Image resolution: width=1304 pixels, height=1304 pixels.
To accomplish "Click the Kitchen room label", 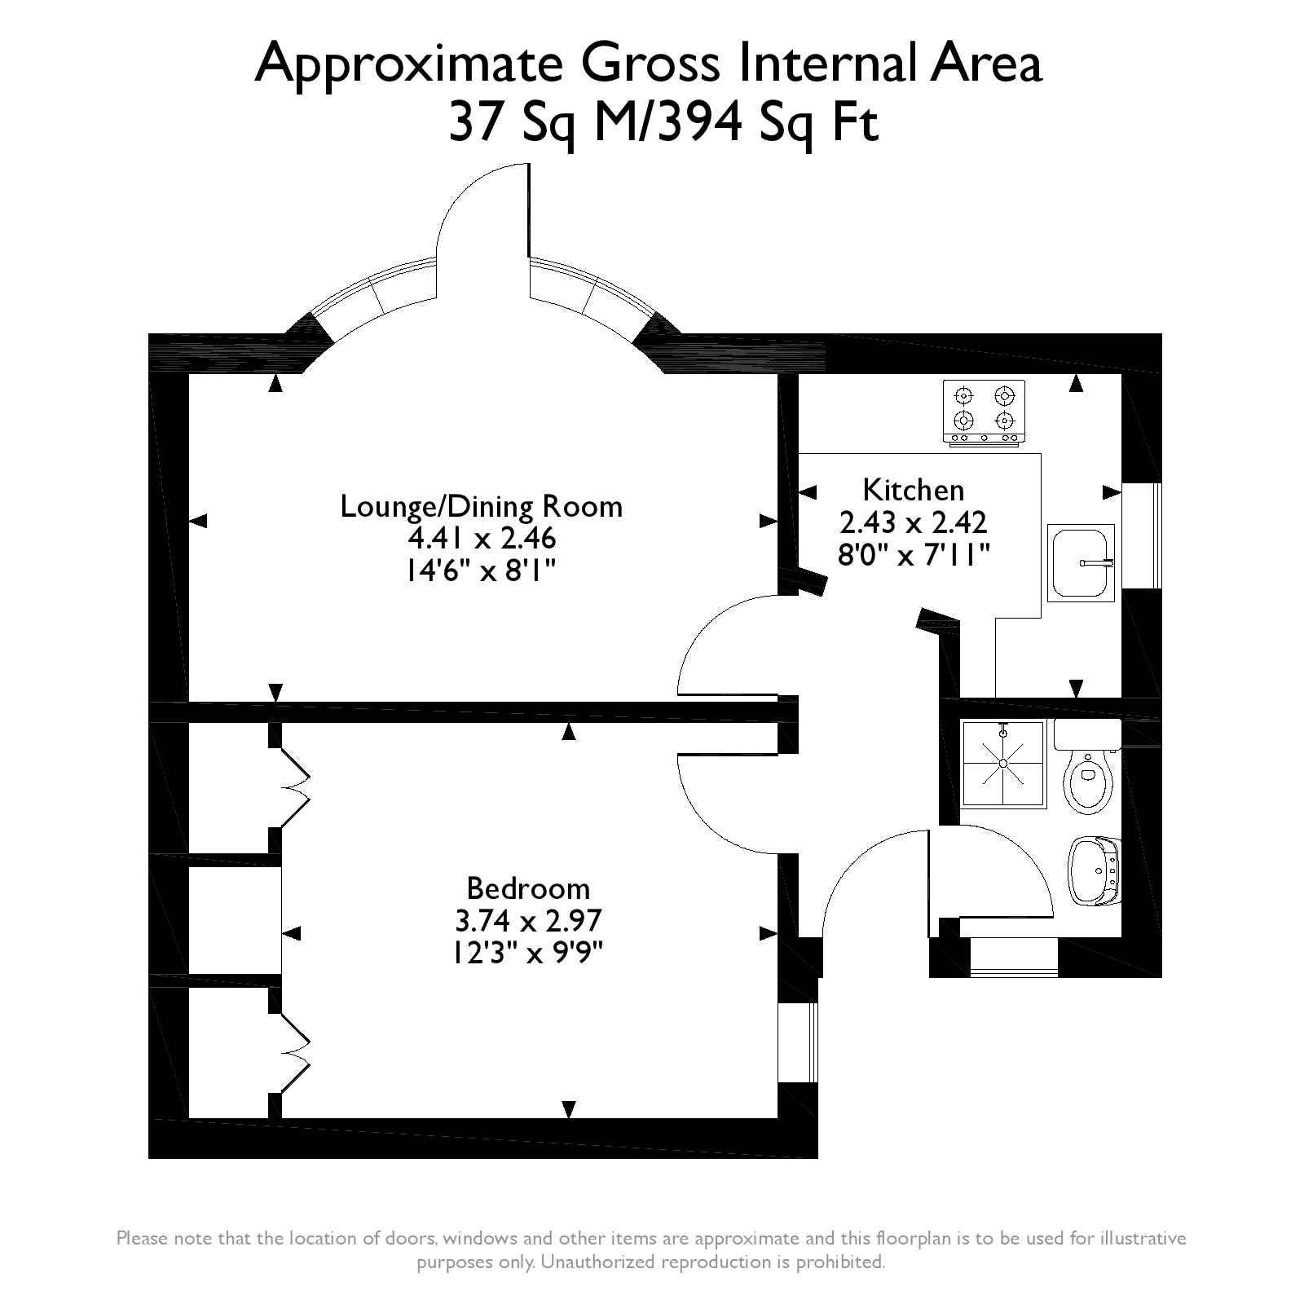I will [913, 490].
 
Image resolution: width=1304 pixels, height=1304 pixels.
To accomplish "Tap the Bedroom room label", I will [528, 888].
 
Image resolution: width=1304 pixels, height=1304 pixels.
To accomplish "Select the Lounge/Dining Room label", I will [481, 506].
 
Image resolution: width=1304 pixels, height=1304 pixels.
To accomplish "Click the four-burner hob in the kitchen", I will [985, 412].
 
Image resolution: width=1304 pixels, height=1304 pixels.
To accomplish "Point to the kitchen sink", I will [1082, 562].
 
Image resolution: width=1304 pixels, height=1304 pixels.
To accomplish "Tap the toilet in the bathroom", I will [1088, 778].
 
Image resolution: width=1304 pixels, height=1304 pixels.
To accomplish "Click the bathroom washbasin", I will [1094, 870].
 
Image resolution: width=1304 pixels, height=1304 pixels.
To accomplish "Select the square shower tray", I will [1003, 764].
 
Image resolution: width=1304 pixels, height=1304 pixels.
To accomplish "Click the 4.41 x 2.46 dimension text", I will [481, 539].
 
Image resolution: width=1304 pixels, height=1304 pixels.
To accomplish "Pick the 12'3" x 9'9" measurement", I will [528, 952].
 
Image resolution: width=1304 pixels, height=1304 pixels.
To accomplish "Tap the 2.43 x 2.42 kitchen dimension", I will [913, 522].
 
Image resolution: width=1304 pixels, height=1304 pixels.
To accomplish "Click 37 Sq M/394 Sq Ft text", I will [664, 124].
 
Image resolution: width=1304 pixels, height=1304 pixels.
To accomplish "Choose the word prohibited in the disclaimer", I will [844, 1262].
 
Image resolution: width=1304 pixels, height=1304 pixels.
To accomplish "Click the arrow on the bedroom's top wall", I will [569, 732].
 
